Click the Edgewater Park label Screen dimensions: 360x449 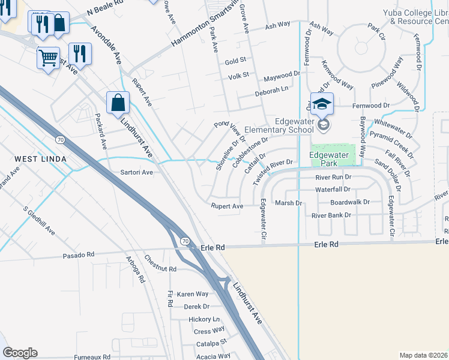coord(329,158)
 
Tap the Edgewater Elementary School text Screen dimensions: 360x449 coord(294,125)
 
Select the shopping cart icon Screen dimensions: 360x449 coord(49,58)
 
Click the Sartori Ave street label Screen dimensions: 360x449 coord(137,172)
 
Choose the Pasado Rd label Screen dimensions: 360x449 coord(79,256)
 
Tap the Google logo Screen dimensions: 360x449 coord(20,353)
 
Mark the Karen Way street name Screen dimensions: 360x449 coord(193,294)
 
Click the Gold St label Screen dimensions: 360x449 coord(235,61)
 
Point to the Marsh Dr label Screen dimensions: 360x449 coord(288,203)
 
